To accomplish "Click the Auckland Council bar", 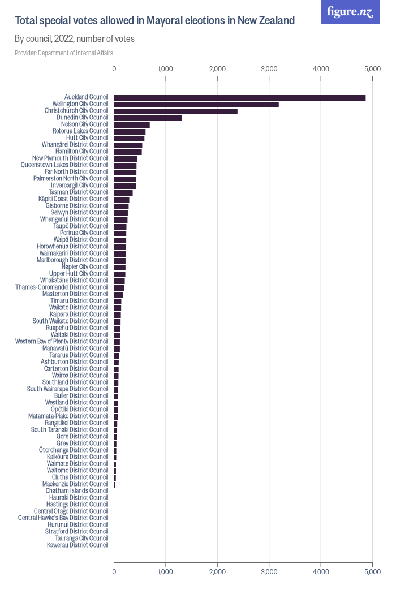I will click(239, 98).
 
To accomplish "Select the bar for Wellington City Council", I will click(196, 105).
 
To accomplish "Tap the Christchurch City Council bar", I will click(175, 111).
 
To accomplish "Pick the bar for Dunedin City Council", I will click(148, 118).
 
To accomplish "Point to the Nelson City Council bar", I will click(132, 125).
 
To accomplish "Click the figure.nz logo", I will click(350, 12).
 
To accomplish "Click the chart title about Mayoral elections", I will click(154, 21).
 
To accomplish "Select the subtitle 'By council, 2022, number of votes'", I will click(74, 39).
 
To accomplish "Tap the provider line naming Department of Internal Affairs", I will click(64, 53).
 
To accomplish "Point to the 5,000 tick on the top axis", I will click(372, 68).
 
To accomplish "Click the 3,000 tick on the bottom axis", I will click(269, 573).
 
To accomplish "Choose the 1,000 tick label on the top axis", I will click(166, 68).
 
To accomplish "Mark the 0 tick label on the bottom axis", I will click(114, 573).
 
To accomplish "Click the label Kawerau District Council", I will click(78, 545).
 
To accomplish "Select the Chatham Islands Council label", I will click(77, 490).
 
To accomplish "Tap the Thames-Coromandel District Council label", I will click(62, 287).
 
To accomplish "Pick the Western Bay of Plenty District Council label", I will click(62, 341).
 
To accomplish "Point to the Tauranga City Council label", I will click(78, 538).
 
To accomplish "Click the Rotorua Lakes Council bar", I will click(130, 132).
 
